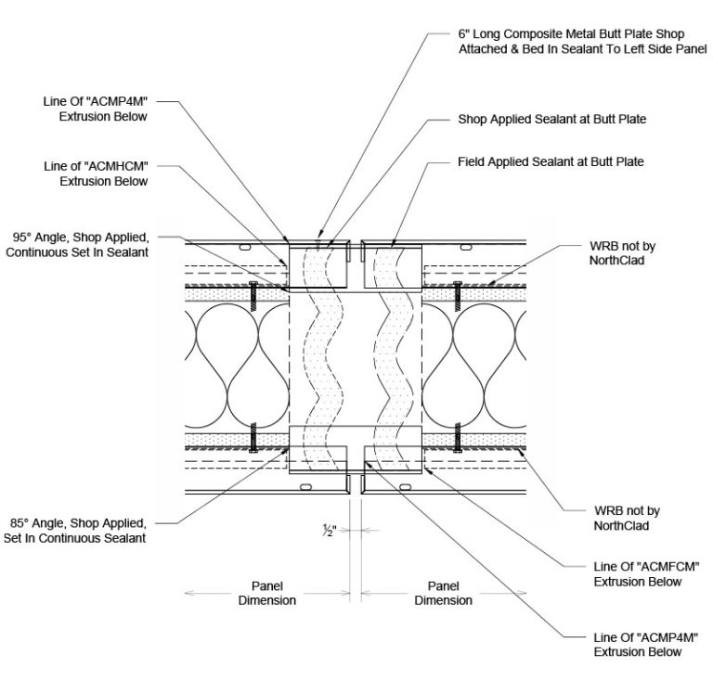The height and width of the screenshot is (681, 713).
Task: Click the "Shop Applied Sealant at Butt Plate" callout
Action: pos(552,120)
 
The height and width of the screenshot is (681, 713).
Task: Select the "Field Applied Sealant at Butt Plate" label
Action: pos(551,162)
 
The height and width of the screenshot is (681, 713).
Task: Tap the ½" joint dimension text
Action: pos(330,530)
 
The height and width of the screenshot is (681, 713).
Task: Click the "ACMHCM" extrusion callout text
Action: pos(96,173)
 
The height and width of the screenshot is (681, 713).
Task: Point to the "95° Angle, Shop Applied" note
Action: pos(77,245)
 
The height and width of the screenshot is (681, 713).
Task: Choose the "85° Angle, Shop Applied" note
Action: pos(75,531)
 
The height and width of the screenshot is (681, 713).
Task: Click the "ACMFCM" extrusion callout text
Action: pos(646,574)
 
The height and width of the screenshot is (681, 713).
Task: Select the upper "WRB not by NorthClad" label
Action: pos(623,253)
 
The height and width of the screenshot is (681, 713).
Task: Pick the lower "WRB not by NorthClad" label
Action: pos(627,519)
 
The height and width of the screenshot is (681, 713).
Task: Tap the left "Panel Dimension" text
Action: pos(267,593)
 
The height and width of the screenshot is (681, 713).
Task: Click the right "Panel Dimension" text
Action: pos(444,593)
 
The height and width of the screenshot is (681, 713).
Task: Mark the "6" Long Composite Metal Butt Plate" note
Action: pos(582,42)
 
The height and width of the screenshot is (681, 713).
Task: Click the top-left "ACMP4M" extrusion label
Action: pos(96,109)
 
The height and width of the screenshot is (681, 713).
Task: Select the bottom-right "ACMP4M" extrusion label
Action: pos(646,645)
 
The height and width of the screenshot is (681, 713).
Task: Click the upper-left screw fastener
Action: pos(253,296)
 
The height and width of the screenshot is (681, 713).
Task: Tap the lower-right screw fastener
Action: pos(458,438)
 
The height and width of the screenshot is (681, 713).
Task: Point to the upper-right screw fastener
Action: pos(458,296)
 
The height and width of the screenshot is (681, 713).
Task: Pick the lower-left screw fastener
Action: pos(253,438)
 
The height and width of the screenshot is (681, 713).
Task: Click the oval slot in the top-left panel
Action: pos(245,248)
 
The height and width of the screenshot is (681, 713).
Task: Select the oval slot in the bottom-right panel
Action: pos(405,487)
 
